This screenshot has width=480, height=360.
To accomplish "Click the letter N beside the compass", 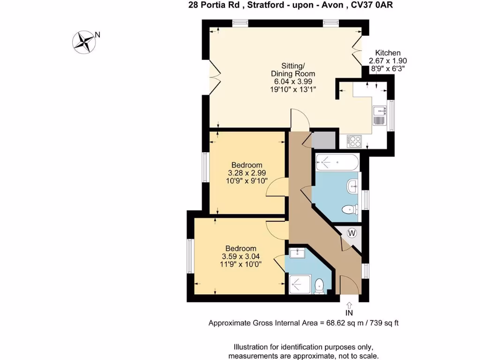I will coord(98,34).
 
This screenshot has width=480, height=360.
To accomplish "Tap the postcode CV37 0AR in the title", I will coord(375,5).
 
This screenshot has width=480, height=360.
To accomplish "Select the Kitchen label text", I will coord(388,53).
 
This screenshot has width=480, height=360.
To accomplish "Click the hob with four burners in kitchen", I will coord(353,140).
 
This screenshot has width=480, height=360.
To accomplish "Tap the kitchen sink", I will coord(379,115).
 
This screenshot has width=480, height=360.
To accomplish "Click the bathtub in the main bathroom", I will coord(337,162).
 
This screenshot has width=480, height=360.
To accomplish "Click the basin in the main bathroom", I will coord(353,186).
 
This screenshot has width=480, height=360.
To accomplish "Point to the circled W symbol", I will coord(352,232).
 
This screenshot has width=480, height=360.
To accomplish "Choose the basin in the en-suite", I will coord(297,254).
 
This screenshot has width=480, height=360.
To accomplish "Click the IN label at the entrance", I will coord(349,313).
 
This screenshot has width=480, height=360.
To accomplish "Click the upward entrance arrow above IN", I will coord(349,305).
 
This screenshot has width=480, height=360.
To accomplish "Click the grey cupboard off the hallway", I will coord(323,140).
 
